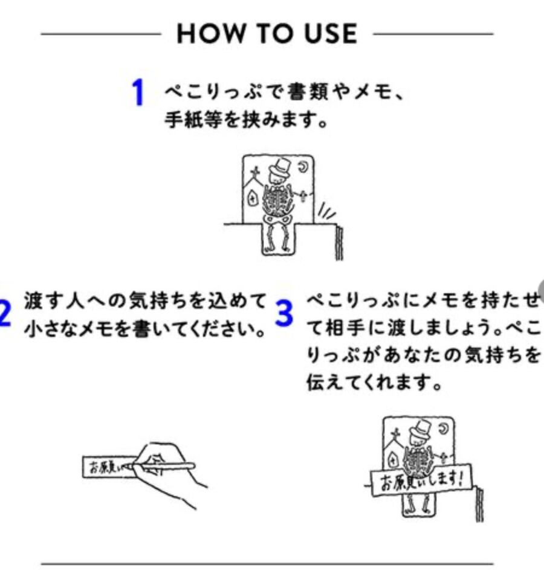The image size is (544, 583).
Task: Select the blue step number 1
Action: pos(139,94)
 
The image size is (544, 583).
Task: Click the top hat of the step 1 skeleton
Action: pos(280,167)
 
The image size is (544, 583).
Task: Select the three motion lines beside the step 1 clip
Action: pos(326,212)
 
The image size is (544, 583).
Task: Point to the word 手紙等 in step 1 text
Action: pos(188,120)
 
